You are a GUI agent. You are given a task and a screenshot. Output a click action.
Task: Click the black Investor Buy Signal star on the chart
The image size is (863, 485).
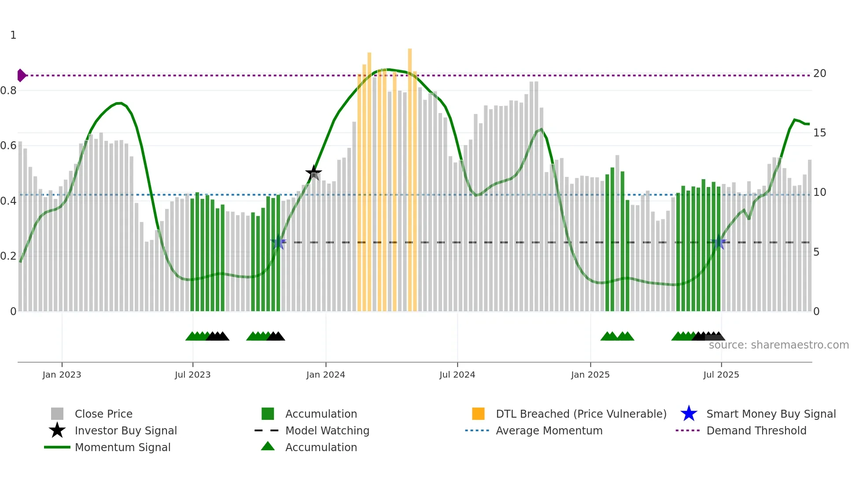[313, 173]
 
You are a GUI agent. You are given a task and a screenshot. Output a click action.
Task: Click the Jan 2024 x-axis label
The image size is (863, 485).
[325, 375]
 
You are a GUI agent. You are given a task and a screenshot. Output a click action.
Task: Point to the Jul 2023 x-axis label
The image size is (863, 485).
[192, 375]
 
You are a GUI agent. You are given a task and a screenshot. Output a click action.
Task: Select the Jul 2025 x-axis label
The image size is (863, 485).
[721, 375]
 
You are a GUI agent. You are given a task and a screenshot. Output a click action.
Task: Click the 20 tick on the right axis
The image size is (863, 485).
[819, 73]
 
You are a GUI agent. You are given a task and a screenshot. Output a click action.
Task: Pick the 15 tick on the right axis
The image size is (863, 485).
[819, 133]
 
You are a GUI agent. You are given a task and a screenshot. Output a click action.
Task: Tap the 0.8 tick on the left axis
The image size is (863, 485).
[8, 91]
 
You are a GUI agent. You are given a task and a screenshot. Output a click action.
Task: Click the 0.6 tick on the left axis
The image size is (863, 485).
[8, 146]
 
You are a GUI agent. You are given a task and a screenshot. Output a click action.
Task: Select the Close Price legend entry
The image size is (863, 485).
[103, 414]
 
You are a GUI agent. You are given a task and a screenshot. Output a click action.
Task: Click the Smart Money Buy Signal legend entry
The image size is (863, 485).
[771, 414]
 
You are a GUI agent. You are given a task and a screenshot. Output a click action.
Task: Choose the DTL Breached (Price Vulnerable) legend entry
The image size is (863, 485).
[581, 414]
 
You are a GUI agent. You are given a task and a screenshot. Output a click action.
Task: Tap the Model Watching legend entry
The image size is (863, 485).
[327, 430]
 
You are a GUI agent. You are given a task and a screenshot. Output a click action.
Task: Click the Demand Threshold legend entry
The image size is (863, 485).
[756, 430]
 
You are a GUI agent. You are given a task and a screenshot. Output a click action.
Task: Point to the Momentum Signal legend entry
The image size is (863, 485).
[122, 447]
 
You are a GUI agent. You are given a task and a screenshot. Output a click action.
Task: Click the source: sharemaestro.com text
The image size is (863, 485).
[778, 345]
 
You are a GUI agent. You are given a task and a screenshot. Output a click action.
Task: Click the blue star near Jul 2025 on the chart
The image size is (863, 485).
[719, 242]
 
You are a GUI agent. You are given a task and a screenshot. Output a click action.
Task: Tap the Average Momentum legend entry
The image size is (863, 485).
[549, 430]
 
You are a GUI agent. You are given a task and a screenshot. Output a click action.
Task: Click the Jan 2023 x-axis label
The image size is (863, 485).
[62, 375]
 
